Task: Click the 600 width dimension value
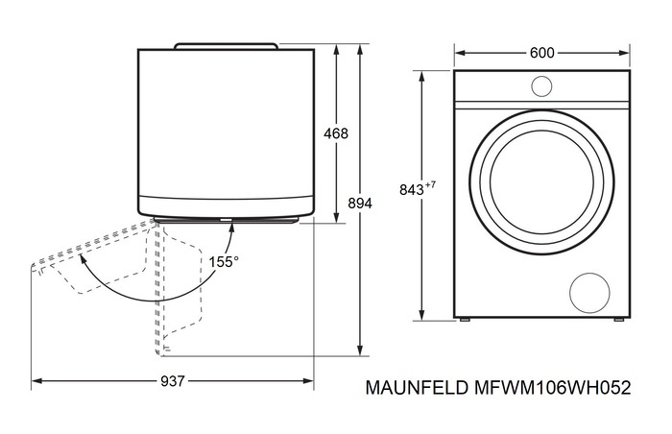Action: [541, 53]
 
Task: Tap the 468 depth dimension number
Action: [335, 133]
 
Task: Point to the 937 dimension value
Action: [172, 381]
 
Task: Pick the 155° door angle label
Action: [225, 260]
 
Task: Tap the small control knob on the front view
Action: [541, 86]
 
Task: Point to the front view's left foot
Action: [466, 319]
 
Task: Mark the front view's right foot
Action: [617, 319]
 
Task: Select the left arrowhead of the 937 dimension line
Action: [36, 381]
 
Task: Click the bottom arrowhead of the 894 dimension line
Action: [358, 351]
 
